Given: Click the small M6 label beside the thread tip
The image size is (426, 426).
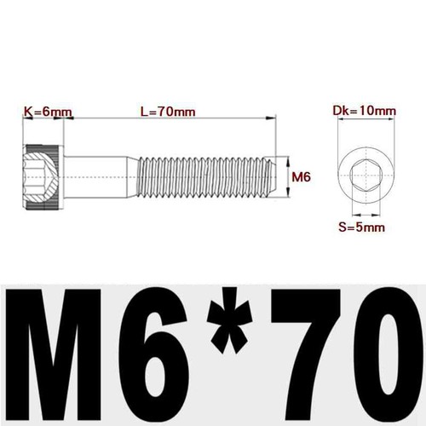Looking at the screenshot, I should pyautogui.click(x=299, y=177).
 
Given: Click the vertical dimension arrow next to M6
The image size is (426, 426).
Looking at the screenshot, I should pyautogui.click(x=285, y=177).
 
